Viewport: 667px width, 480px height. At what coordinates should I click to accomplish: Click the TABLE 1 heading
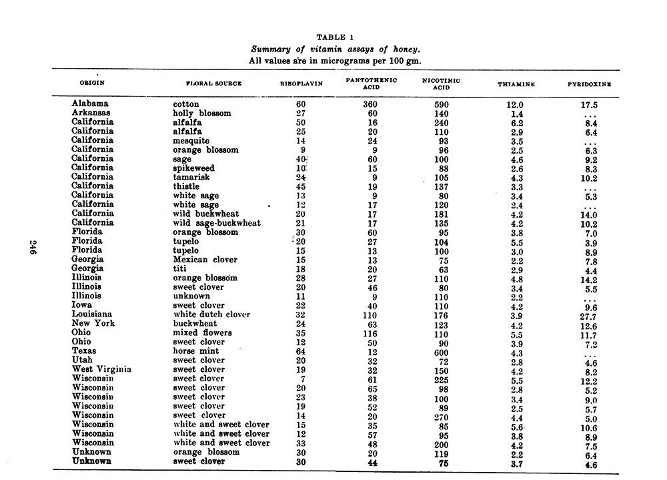[x=335, y=37]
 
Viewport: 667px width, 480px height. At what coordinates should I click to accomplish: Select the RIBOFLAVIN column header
[x=301, y=84]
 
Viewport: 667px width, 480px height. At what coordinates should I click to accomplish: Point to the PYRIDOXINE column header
[x=590, y=85]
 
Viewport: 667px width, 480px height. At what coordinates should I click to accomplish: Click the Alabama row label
[x=89, y=104]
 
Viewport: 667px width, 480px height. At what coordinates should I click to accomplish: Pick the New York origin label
[x=93, y=323]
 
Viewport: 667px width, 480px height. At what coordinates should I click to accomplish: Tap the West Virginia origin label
[x=101, y=369]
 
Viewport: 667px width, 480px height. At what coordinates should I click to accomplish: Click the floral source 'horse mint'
[x=195, y=350]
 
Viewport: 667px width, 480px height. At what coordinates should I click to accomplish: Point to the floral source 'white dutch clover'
[x=211, y=314]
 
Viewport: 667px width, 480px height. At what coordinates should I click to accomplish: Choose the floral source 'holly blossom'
[x=201, y=113]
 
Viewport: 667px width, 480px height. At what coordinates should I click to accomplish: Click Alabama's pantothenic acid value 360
[x=370, y=105]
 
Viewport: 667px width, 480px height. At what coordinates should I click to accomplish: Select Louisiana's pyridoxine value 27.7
[x=588, y=316]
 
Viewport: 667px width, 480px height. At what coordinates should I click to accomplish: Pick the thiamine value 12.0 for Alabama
[x=516, y=105]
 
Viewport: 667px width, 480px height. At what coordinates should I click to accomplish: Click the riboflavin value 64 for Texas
[x=300, y=351]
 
